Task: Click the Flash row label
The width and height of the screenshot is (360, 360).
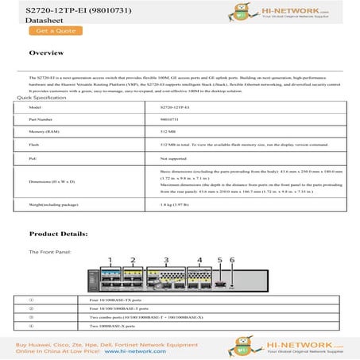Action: coord(33,145)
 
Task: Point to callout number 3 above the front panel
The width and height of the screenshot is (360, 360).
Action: coord(166,260)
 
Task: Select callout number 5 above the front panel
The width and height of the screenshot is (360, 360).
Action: coord(219,260)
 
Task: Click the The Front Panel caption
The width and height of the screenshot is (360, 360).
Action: coord(48,251)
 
